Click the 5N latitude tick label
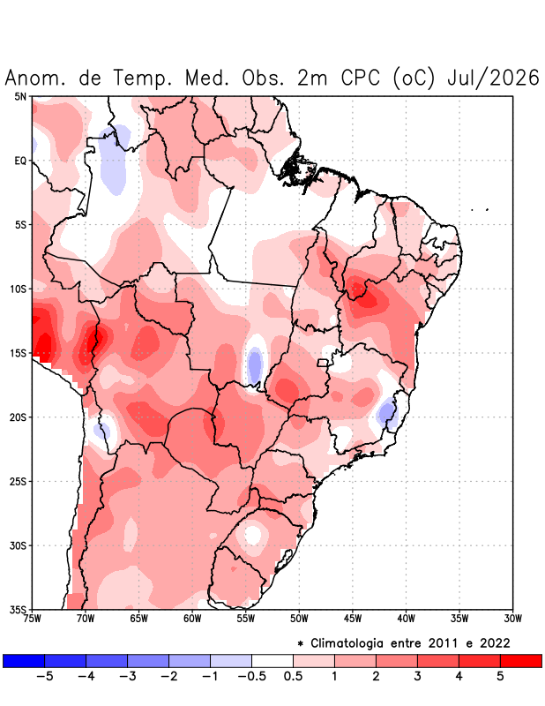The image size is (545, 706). [x=20, y=96]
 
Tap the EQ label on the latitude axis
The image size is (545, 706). [x=20, y=161]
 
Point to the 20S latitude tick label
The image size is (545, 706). [x=18, y=417]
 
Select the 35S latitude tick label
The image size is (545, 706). [x=18, y=610]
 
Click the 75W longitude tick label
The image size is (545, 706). [x=33, y=620]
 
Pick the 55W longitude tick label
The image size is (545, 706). [x=246, y=620]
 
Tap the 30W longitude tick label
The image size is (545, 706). [x=512, y=620]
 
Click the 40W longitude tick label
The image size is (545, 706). [x=406, y=620]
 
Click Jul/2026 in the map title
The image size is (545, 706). [x=493, y=78]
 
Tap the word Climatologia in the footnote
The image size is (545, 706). [x=347, y=644]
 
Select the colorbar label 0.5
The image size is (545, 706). [x=293, y=676]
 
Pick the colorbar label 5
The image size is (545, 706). [x=500, y=676]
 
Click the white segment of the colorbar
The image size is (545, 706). [x=272, y=660]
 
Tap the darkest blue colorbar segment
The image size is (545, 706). [x=24, y=660]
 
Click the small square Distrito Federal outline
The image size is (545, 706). [x=323, y=363]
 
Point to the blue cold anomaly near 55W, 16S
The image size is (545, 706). [x=255, y=364]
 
